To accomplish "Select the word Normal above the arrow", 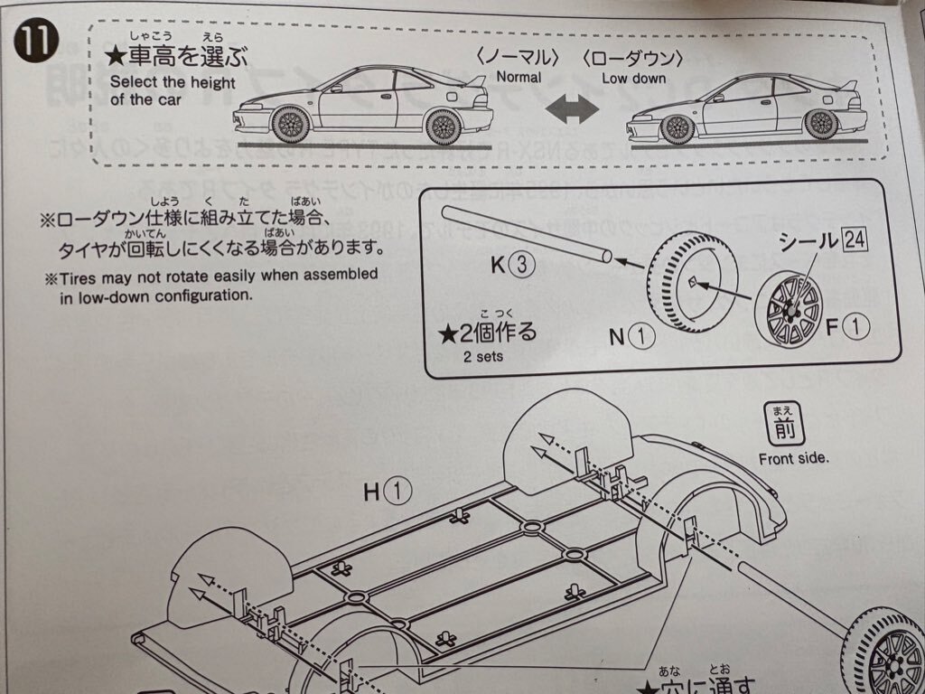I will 519,78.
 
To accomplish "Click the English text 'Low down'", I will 635,79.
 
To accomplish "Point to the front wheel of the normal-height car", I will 290,125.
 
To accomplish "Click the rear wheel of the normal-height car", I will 444,125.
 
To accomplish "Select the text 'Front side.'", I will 793,458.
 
